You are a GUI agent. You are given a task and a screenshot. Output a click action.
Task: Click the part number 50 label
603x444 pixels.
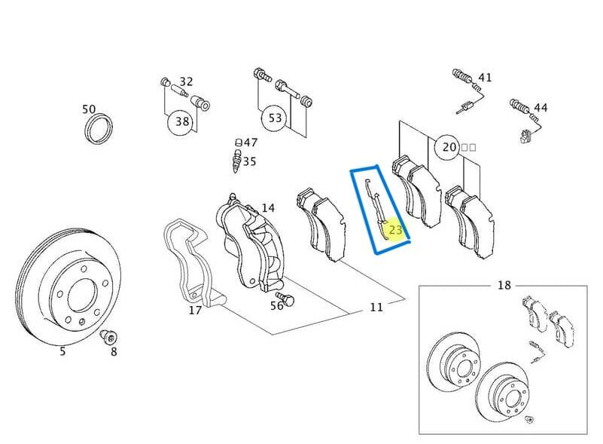[x=89, y=110]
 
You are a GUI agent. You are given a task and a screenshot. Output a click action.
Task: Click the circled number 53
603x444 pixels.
[x=276, y=118]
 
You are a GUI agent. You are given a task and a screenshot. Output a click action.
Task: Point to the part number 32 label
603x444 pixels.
[x=186, y=81]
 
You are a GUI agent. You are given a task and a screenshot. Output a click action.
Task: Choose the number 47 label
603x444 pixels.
[x=250, y=142]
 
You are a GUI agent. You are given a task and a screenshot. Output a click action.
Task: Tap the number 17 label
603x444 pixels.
[x=194, y=310]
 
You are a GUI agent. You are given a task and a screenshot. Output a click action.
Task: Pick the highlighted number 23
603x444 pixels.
[x=395, y=230]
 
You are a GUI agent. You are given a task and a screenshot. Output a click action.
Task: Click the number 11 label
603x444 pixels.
[x=376, y=307]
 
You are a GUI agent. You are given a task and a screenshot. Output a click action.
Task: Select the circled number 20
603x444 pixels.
[x=449, y=147]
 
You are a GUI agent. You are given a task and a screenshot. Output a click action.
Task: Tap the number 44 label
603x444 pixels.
[x=541, y=108]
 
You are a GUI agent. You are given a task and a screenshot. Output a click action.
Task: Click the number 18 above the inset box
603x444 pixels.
[x=504, y=285]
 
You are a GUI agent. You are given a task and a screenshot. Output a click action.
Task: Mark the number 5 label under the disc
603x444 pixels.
[x=62, y=351]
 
